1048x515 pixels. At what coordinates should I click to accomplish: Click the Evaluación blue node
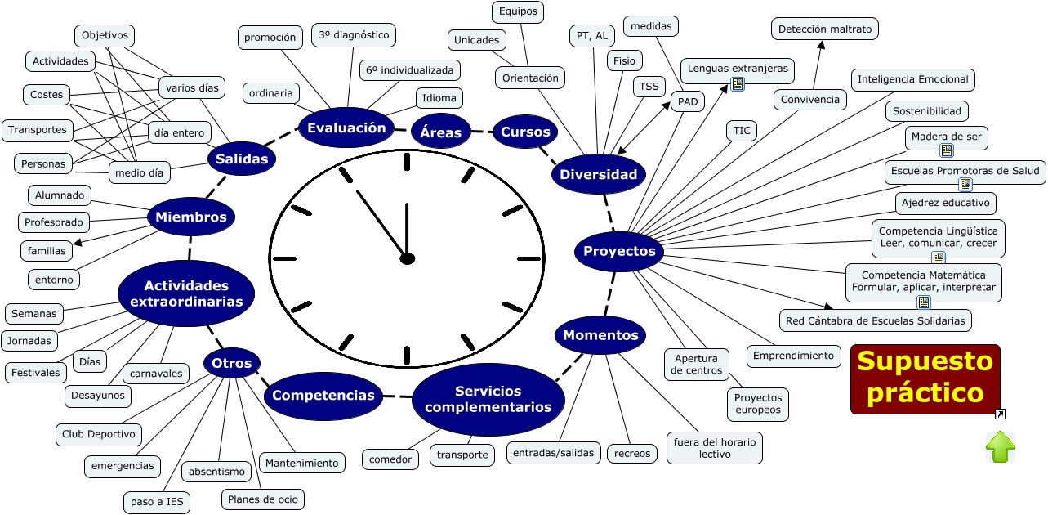click(346, 128)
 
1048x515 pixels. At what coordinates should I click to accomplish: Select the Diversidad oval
click(599, 175)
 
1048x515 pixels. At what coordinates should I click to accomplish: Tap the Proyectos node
click(619, 252)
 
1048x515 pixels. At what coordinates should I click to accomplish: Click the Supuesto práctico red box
click(925, 379)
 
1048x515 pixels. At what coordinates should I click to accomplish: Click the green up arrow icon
click(1001, 446)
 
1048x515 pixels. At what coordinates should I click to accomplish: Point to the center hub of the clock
click(407, 258)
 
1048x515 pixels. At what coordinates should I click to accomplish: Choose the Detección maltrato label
click(825, 29)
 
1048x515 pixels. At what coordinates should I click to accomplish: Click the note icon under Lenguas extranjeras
click(738, 84)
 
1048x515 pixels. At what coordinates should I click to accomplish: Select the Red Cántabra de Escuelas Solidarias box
click(875, 320)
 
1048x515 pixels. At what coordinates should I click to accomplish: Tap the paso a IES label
click(157, 502)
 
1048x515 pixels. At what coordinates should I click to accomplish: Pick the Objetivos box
click(105, 36)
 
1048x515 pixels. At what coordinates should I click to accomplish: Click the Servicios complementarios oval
click(488, 400)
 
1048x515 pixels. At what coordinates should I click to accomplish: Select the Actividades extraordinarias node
click(186, 293)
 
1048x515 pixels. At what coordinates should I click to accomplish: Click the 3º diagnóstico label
click(354, 35)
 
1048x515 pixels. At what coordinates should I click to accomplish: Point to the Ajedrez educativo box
click(946, 204)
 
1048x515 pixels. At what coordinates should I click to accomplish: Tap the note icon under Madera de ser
click(947, 150)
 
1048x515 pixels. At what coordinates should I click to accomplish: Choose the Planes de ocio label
click(262, 499)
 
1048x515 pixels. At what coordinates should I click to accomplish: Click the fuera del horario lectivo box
click(715, 448)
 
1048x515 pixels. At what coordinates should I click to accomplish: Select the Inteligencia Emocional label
click(912, 79)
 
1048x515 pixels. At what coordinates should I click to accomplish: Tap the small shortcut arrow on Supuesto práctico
click(1000, 414)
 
